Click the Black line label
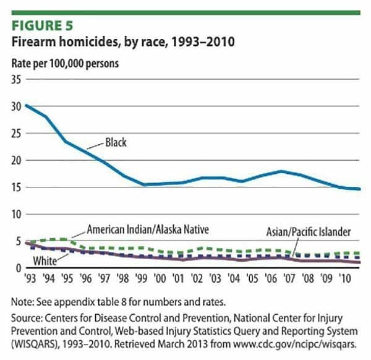(x=114, y=143)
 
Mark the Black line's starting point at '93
(x=26, y=106)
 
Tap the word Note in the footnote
(x=23, y=302)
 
